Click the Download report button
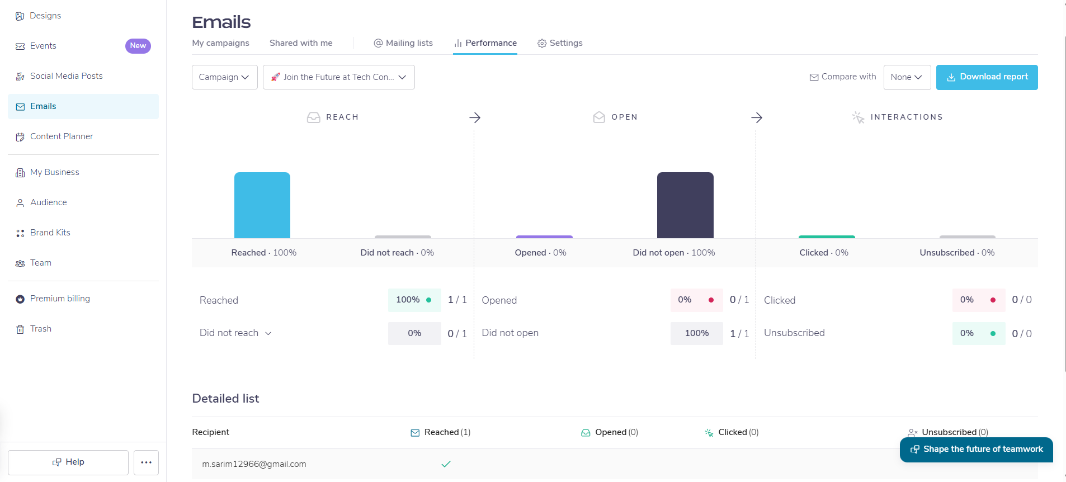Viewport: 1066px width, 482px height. point(987,77)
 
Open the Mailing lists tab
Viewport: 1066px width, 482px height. point(403,43)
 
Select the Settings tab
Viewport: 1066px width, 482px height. point(560,43)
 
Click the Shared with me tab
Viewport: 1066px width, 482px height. point(301,43)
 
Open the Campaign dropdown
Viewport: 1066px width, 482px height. point(224,77)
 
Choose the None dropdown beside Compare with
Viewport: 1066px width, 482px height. point(907,77)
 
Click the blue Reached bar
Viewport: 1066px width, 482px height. point(262,205)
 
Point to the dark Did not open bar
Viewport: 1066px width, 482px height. point(685,205)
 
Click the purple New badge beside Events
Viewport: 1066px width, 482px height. point(138,46)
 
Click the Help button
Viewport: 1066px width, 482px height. point(68,462)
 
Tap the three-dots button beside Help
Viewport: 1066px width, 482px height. point(146,462)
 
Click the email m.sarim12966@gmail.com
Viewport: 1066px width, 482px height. point(254,464)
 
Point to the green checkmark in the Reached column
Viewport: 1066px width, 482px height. point(446,464)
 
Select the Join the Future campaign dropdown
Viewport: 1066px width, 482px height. point(339,77)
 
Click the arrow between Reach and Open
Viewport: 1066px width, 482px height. point(475,117)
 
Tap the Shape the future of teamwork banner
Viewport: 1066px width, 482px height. point(977,450)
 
